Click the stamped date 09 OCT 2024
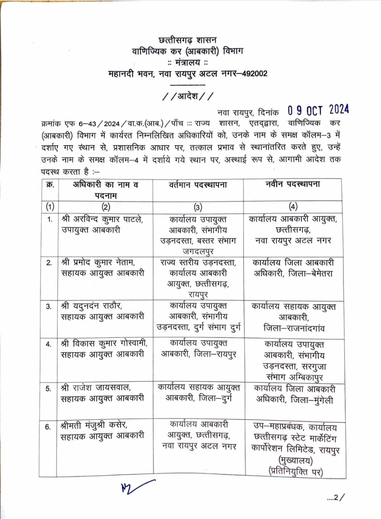coord(318,110)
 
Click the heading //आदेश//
coord(187,97)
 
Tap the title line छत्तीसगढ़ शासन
coord(187,40)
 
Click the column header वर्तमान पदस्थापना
coord(198,185)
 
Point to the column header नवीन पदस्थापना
coord(293,185)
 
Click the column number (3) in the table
coord(198,207)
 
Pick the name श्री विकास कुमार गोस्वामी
coord(104,344)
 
